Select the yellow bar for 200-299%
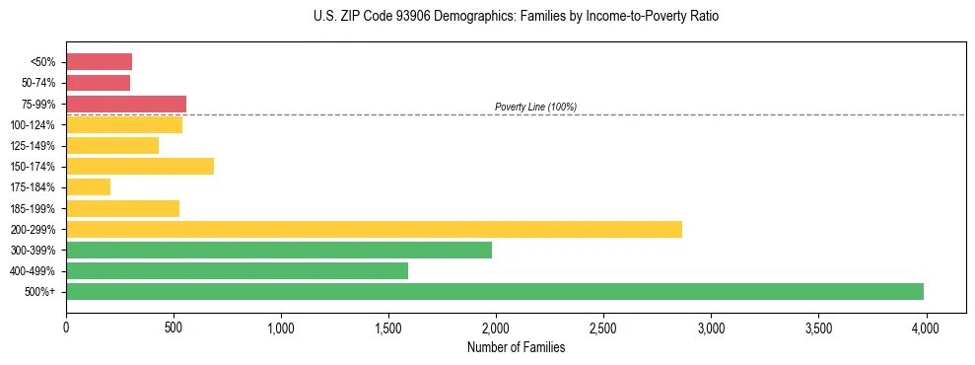coord(374,229)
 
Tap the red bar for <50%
coord(99,61)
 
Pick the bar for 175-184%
coord(88,186)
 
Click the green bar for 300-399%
coord(279,250)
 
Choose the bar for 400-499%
coord(237,270)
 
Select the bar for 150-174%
coord(140,166)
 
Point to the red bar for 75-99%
coord(126,104)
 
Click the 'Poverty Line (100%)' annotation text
coord(535,107)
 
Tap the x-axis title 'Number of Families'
coord(516,347)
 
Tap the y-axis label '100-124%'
coord(33,124)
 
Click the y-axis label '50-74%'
coord(39,83)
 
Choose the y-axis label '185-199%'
coord(33,208)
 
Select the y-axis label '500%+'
coord(40,292)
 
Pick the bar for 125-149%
coord(112,145)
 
